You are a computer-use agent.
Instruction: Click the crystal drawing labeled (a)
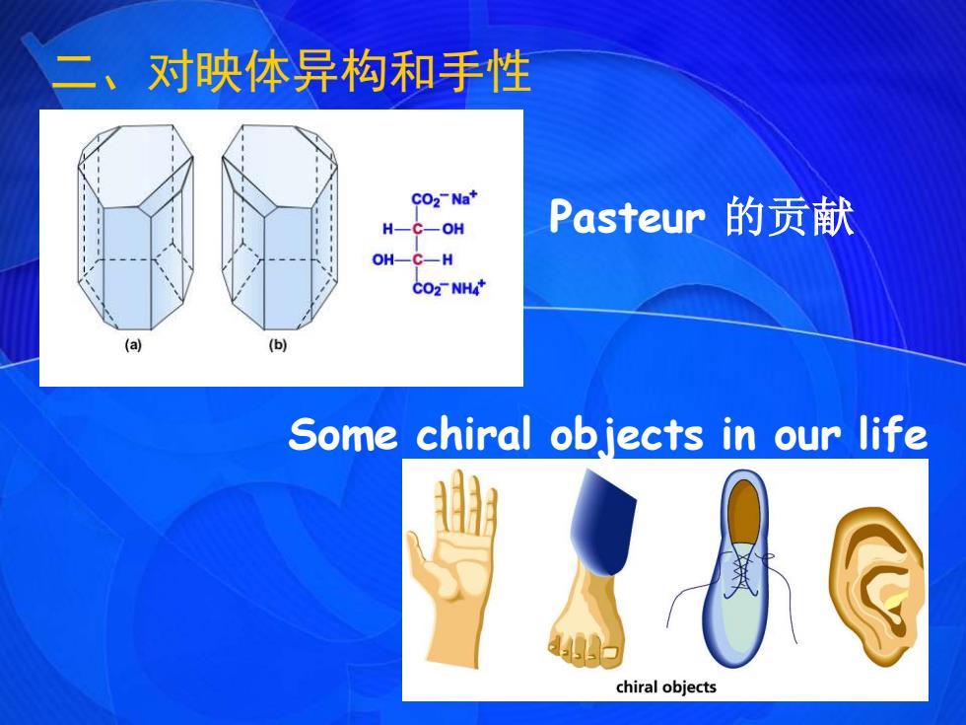136,228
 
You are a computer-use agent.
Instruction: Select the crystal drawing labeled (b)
279,228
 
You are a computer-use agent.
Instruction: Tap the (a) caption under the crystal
133,345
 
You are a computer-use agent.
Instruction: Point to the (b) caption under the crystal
278,345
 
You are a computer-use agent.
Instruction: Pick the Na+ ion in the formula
464,198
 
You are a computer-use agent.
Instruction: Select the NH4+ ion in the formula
468,288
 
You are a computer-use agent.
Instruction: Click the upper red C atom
418,229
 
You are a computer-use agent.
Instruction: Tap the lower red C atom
418,259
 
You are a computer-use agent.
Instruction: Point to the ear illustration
877,586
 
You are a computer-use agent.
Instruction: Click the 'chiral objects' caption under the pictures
666,687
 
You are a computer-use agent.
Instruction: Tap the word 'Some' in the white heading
343,434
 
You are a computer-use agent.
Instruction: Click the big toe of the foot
611,652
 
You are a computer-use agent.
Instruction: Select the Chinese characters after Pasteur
790,217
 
